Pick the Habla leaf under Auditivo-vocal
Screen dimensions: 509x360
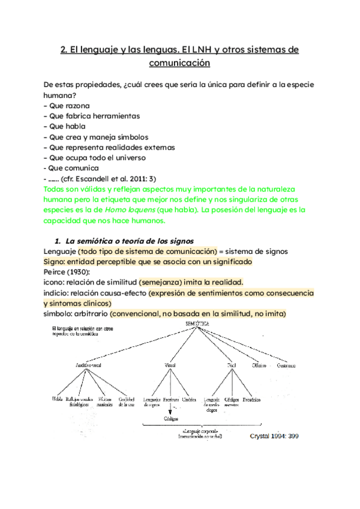pos(58,398)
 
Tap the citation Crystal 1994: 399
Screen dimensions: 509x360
pos(274,436)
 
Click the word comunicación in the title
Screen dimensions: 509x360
pos(180,62)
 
